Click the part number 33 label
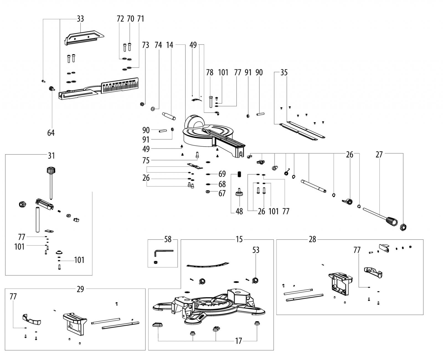[x=80, y=19]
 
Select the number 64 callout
[x=51, y=133]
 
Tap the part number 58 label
[x=168, y=239]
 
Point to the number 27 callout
[x=379, y=155]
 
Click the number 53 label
[x=256, y=250]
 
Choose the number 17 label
[x=238, y=341]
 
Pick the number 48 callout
[x=239, y=211]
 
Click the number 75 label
[x=146, y=160]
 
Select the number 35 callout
[x=284, y=73]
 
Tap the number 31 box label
[x=51, y=156]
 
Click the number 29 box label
[x=80, y=289]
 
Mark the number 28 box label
[x=312, y=239]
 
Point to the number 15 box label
[x=239, y=239]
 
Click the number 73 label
[x=146, y=45]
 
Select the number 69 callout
[x=222, y=174]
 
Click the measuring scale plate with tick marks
[x=120, y=86]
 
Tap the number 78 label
[x=210, y=73]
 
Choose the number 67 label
[x=222, y=193]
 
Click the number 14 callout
[x=170, y=45]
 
